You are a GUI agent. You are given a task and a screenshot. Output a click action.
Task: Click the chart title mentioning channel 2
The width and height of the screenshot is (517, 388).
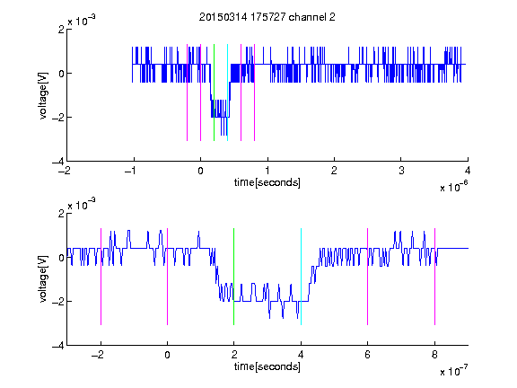tap(267, 17)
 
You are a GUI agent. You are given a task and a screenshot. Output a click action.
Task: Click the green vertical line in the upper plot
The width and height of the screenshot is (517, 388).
tap(214, 93)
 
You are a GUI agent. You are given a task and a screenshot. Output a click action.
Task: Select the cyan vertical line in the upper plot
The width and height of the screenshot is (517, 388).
tap(227, 93)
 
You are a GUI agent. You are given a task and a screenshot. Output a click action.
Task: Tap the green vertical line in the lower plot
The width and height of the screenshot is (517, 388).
tap(233, 277)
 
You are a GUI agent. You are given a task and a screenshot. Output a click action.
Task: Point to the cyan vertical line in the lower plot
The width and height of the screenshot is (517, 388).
tap(301, 277)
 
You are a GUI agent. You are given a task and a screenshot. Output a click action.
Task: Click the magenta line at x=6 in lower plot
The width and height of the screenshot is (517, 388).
tap(368, 277)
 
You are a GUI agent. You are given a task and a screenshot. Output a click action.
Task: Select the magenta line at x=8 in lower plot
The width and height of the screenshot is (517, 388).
tap(435, 277)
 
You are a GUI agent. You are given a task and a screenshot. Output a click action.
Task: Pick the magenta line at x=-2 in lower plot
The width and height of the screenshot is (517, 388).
tap(101, 277)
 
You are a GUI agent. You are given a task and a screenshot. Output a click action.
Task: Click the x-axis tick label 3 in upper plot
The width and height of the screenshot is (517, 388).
tap(401, 171)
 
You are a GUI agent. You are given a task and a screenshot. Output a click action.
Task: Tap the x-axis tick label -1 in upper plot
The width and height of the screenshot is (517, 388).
tap(131, 171)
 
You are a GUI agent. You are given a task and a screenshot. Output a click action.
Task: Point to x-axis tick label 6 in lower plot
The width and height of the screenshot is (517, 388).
tap(368, 355)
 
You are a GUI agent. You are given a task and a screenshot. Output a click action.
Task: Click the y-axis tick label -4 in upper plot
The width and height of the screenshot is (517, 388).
tap(58, 162)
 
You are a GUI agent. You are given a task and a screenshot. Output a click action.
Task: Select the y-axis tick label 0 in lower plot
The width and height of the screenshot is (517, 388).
tap(61, 258)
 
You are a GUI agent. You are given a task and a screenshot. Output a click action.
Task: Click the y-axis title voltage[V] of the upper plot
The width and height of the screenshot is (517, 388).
tap(43, 95)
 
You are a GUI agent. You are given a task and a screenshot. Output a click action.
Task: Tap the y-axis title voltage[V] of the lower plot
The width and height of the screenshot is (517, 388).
tap(43, 279)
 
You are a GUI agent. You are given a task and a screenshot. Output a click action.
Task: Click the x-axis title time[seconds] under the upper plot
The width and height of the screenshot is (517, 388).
tap(267, 182)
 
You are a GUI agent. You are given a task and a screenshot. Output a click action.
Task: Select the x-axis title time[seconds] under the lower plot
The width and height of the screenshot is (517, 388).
tap(267, 366)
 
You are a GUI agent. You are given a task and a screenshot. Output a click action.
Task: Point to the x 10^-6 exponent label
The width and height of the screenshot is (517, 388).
tap(453, 187)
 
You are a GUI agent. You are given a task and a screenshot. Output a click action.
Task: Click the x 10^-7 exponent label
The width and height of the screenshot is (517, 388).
tap(453, 371)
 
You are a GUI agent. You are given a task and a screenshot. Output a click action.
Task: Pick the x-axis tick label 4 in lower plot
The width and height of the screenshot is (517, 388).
tap(301, 355)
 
